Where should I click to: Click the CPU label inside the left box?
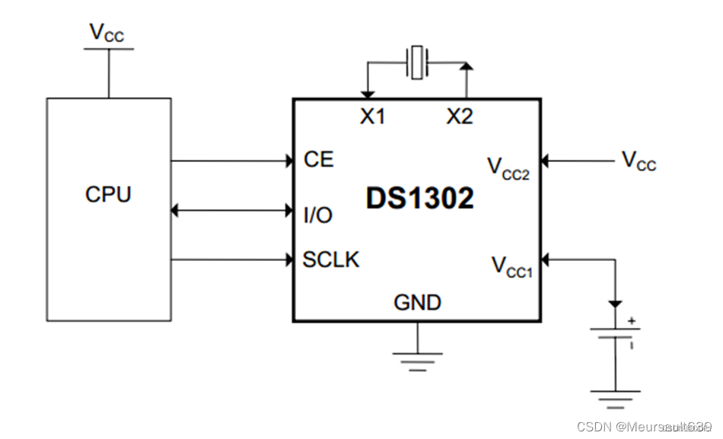click(x=107, y=194)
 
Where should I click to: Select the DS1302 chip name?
click(x=419, y=199)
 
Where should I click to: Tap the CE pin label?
click(x=318, y=160)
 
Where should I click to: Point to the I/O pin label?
click(x=317, y=215)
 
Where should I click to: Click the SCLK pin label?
click(x=331, y=259)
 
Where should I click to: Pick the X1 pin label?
click(x=372, y=116)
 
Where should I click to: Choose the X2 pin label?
click(x=459, y=116)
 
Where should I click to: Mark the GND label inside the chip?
click(x=417, y=303)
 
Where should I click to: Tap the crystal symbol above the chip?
click(x=417, y=63)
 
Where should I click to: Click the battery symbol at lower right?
click(x=616, y=334)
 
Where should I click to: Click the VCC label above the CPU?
click(x=107, y=32)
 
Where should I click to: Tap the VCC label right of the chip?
click(x=638, y=161)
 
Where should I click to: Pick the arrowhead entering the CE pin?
click(x=289, y=161)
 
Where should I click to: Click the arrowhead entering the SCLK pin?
click(x=289, y=259)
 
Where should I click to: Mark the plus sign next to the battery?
click(x=631, y=320)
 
